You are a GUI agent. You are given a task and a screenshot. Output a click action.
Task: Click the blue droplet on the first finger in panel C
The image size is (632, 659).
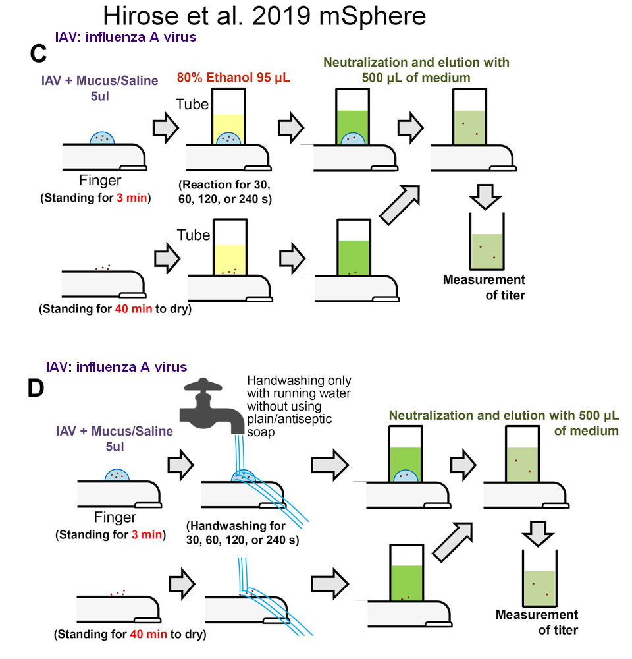(102, 138)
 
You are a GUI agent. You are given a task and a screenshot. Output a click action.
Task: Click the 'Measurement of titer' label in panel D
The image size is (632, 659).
(537, 622)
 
